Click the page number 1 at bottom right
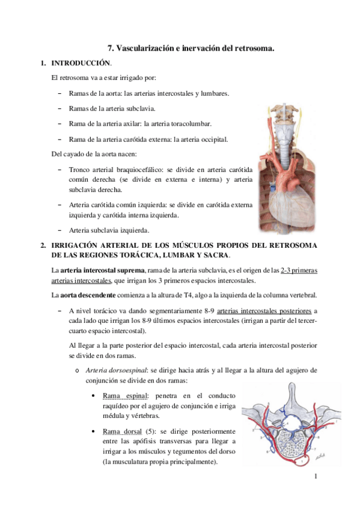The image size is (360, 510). click(x=315, y=476)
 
